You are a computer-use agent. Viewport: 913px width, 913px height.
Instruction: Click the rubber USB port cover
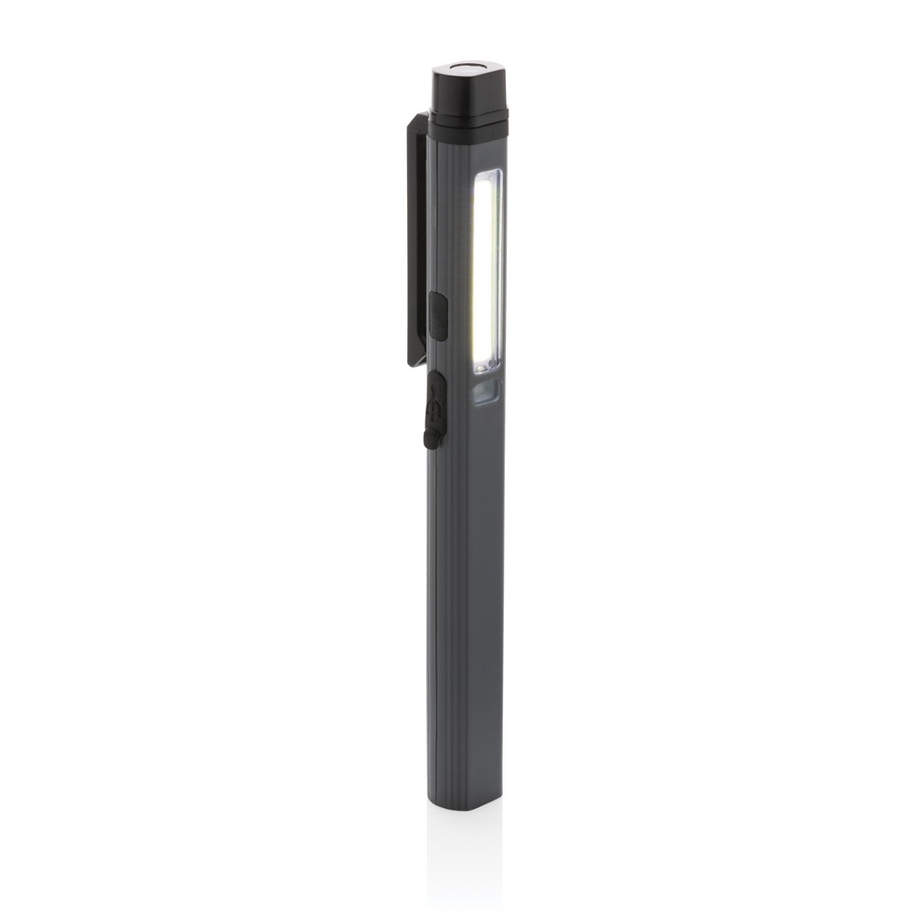coord(435,410)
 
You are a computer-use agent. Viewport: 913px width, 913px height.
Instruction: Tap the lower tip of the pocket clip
coord(416,360)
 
